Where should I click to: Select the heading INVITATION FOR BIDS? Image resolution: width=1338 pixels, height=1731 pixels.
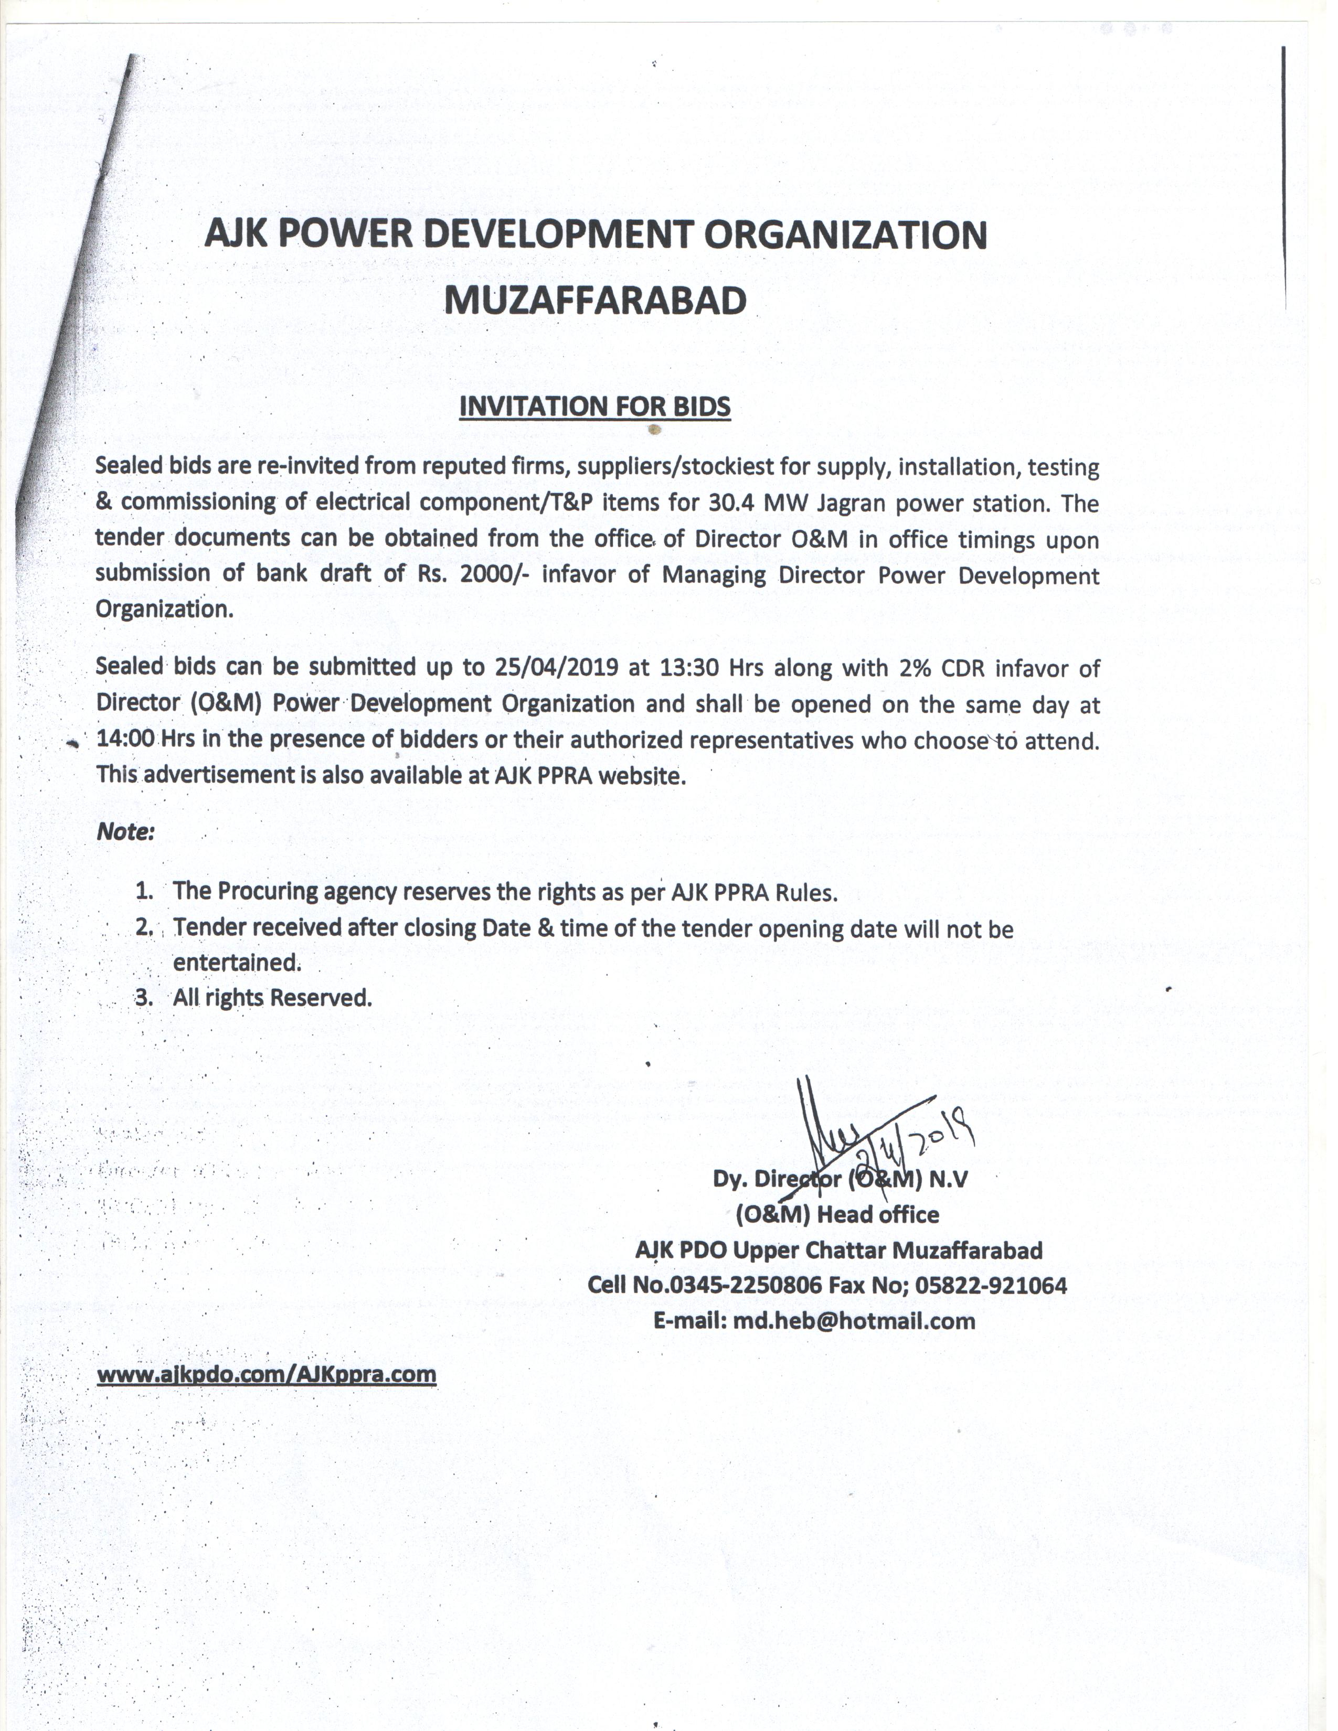(594, 406)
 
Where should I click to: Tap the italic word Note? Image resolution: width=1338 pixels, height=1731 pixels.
(124, 832)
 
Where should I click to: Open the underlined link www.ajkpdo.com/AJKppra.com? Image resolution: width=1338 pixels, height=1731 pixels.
(267, 1374)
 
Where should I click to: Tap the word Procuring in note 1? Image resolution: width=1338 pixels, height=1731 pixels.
(267, 892)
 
